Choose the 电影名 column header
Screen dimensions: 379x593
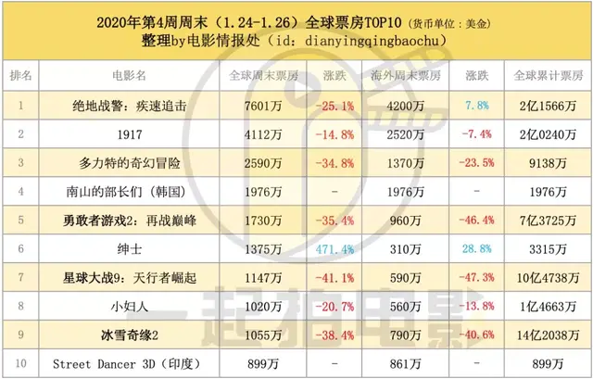[x=131, y=74]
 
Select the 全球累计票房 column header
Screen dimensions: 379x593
[x=543, y=74]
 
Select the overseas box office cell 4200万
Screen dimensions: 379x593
[x=408, y=106]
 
